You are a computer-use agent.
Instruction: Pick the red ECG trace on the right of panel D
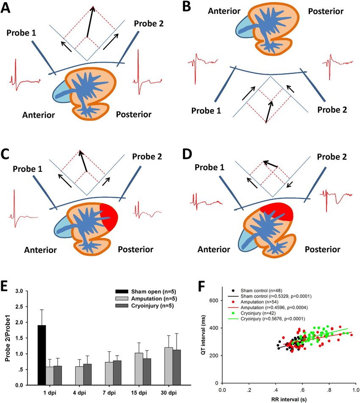[336, 197]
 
